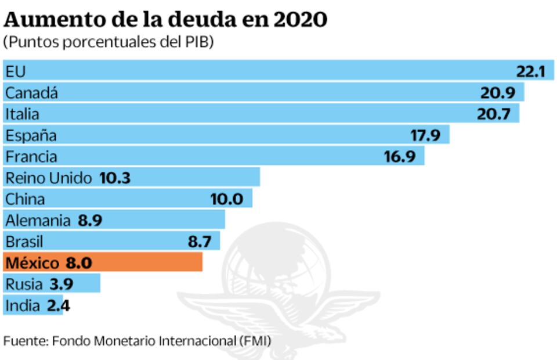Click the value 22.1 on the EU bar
coord(530,71)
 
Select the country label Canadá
coord(32,92)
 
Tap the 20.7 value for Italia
coord(493,114)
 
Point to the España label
coord(31,135)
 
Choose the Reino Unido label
coord(49,178)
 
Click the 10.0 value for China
coord(226,199)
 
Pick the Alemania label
coord(37,221)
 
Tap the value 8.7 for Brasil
coord(200,242)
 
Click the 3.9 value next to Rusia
coord(62,284)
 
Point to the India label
coord(23,305)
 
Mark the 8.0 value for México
coord(78,263)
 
